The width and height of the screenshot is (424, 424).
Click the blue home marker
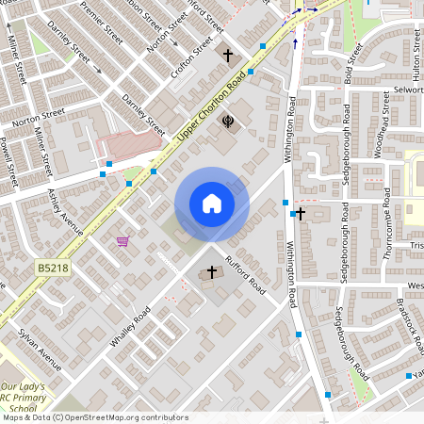pyautogui.click(x=212, y=204)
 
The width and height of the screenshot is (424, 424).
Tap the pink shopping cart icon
pyautogui.click(x=122, y=241)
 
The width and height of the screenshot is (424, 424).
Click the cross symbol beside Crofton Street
pyautogui.click(x=227, y=56)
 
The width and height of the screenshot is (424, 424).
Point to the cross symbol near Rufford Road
pyautogui.click(x=212, y=273)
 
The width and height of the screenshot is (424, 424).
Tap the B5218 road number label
pyautogui.click(x=55, y=269)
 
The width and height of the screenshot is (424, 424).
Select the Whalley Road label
pyautogui.click(x=129, y=327)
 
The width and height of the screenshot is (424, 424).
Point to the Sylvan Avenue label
pyautogui.click(x=41, y=350)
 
